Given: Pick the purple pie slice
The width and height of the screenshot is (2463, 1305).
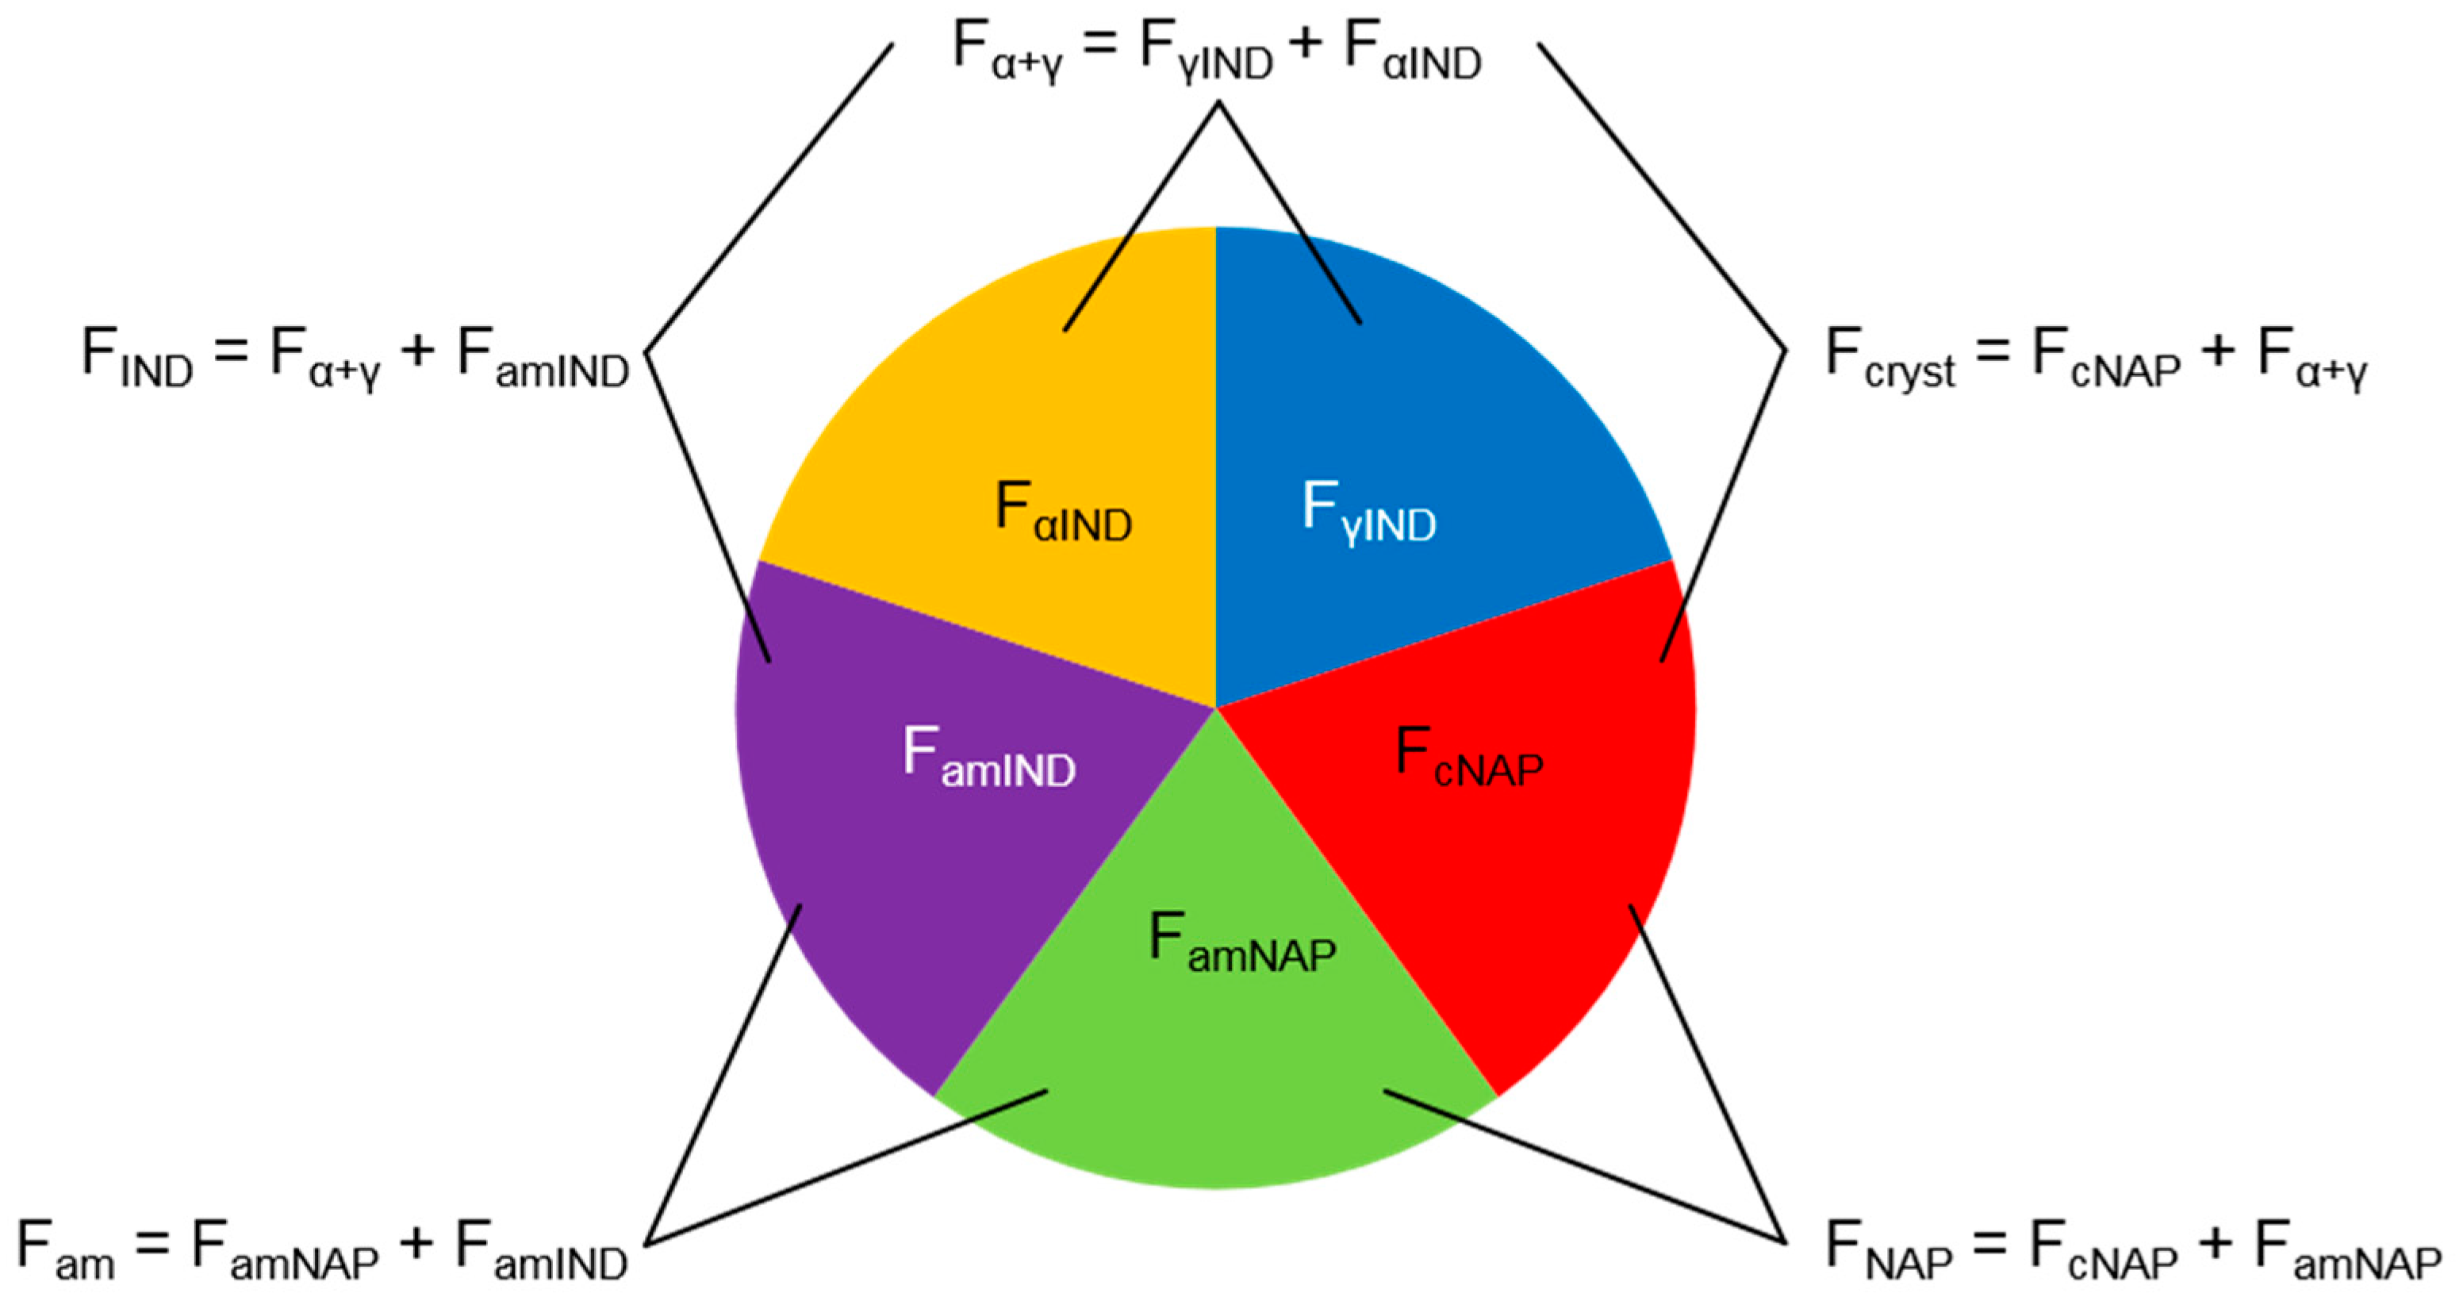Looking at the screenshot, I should pos(880,861).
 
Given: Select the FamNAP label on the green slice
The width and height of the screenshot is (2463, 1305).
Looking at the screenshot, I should pos(1242,942).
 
